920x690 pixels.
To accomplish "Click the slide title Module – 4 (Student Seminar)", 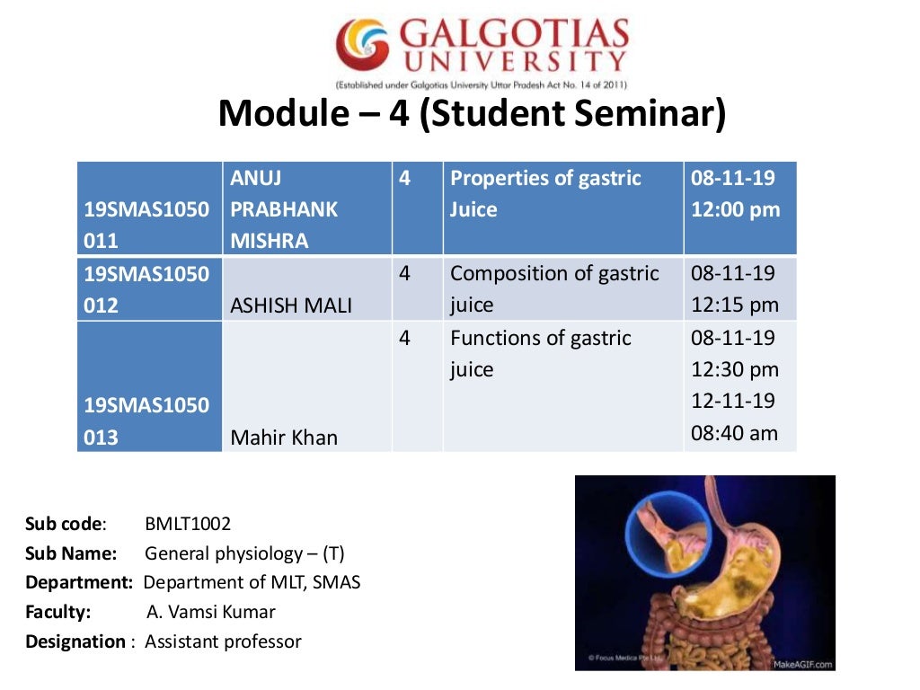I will (471, 114).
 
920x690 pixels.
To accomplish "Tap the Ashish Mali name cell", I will (291, 305).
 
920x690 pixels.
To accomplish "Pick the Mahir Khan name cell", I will (284, 438).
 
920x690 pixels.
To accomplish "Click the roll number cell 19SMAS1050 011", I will (146, 225).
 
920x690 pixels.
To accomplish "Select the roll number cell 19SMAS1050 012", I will (146, 289).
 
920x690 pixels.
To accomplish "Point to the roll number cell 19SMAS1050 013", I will (146, 420).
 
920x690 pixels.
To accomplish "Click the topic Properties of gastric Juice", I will (545, 194).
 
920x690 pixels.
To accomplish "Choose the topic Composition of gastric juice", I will (554, 288).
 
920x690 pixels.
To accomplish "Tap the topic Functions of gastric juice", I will (540, 353).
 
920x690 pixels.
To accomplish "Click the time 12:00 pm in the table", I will (735, 210).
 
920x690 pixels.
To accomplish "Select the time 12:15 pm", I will (734, 305).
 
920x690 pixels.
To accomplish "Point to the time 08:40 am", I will (734, 433).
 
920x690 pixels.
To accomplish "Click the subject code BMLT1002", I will (187, 524).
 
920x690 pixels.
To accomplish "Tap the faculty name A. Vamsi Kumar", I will (210, 612).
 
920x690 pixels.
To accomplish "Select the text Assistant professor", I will (223, 641).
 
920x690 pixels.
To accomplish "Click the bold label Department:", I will (79, 582).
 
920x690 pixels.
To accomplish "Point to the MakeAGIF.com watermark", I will (802, 664).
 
